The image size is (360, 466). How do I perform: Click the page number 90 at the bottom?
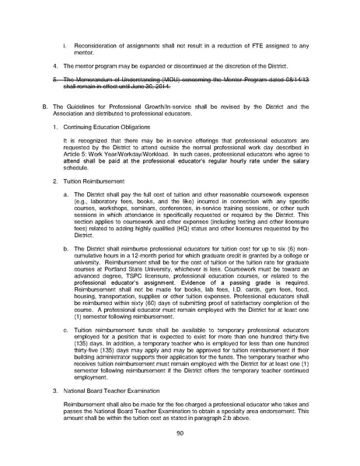tap(180, 433)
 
